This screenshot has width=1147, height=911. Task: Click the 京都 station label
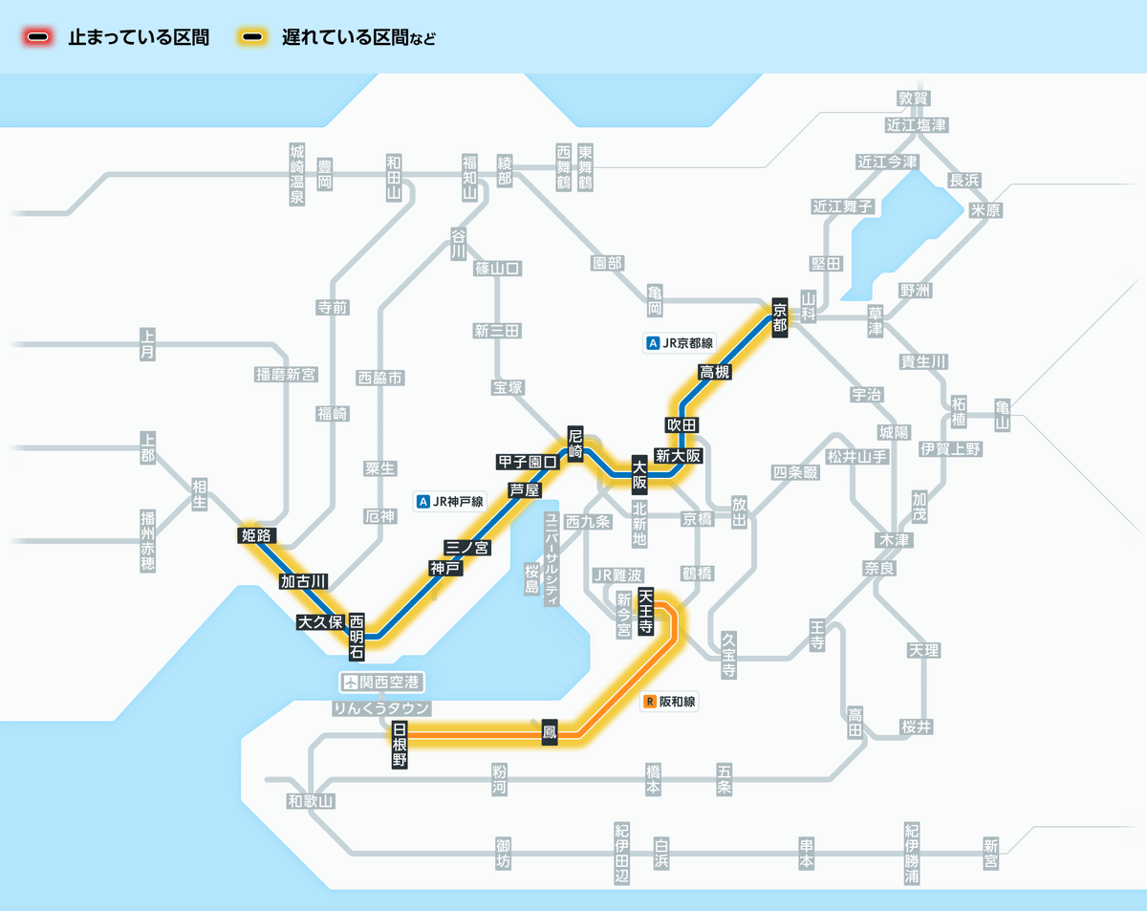click(780, 315)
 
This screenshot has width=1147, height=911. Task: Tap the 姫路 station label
click(258, 535)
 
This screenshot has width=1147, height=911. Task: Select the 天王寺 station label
click(646, 613)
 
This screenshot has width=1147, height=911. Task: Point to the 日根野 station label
click(400, 746)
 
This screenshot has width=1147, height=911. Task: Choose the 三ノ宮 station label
click(467, 548)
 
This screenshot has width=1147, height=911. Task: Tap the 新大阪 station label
click(678, 456)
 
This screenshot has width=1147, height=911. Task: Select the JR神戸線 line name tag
click(450, 501)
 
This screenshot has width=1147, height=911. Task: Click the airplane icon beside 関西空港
click(352, 683)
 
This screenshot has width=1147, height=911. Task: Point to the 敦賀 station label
click(914, 98)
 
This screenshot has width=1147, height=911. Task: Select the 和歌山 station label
click(311, 801)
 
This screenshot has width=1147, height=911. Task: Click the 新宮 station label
click(990, 854)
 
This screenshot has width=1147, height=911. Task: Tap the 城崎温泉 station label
click(297, 174)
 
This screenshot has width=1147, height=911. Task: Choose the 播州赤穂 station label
click(147, 541)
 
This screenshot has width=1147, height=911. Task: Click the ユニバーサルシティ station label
click(552, 559)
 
